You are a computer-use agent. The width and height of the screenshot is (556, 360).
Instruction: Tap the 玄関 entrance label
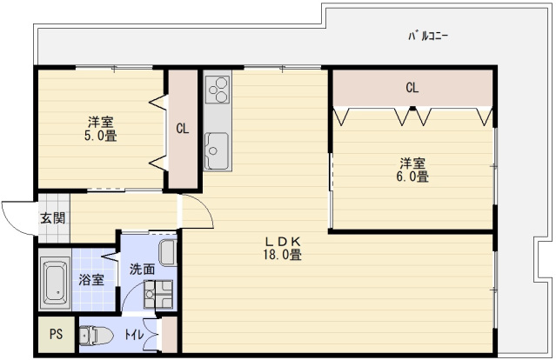coord(51,218)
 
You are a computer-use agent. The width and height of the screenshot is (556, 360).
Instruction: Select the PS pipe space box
coord(56,334)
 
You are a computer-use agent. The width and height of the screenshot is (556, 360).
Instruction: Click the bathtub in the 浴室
coord(56,283)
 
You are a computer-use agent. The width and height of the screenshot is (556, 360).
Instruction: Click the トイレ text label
coord(133,334)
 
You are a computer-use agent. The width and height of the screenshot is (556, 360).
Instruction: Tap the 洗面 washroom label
coord(143,270)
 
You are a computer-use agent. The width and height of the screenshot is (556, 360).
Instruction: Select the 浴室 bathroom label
coord(91,280)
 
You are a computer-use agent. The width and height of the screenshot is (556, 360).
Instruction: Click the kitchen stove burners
coord(218,89)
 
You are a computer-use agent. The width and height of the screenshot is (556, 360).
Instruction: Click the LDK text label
coord(283,241)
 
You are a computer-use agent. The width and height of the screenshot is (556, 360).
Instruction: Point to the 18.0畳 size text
coord(284,255)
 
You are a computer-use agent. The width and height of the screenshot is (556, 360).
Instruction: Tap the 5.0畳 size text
coord(100,136)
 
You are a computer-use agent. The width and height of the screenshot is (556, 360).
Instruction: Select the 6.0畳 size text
coord(412,177)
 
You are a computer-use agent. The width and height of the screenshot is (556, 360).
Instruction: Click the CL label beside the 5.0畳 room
coord(183,130)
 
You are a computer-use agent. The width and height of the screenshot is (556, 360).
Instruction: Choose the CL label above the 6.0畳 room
coord(412,88)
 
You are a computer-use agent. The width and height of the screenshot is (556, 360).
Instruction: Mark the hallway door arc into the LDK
coord(198,210)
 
